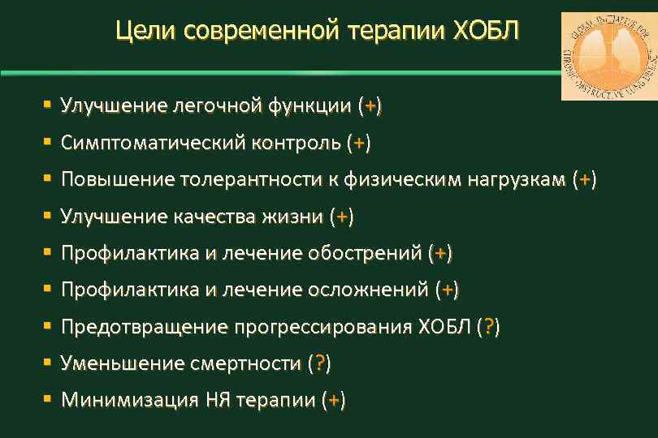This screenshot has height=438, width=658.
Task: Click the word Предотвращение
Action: (x=145, y=327)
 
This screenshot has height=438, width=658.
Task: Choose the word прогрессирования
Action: (x=324, y=327)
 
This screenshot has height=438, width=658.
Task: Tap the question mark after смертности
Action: (x=319, y=363)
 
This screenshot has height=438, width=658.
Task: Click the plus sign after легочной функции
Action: (x=370, y=106)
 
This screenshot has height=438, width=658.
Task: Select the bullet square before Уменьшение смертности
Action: (x=48, y=363)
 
